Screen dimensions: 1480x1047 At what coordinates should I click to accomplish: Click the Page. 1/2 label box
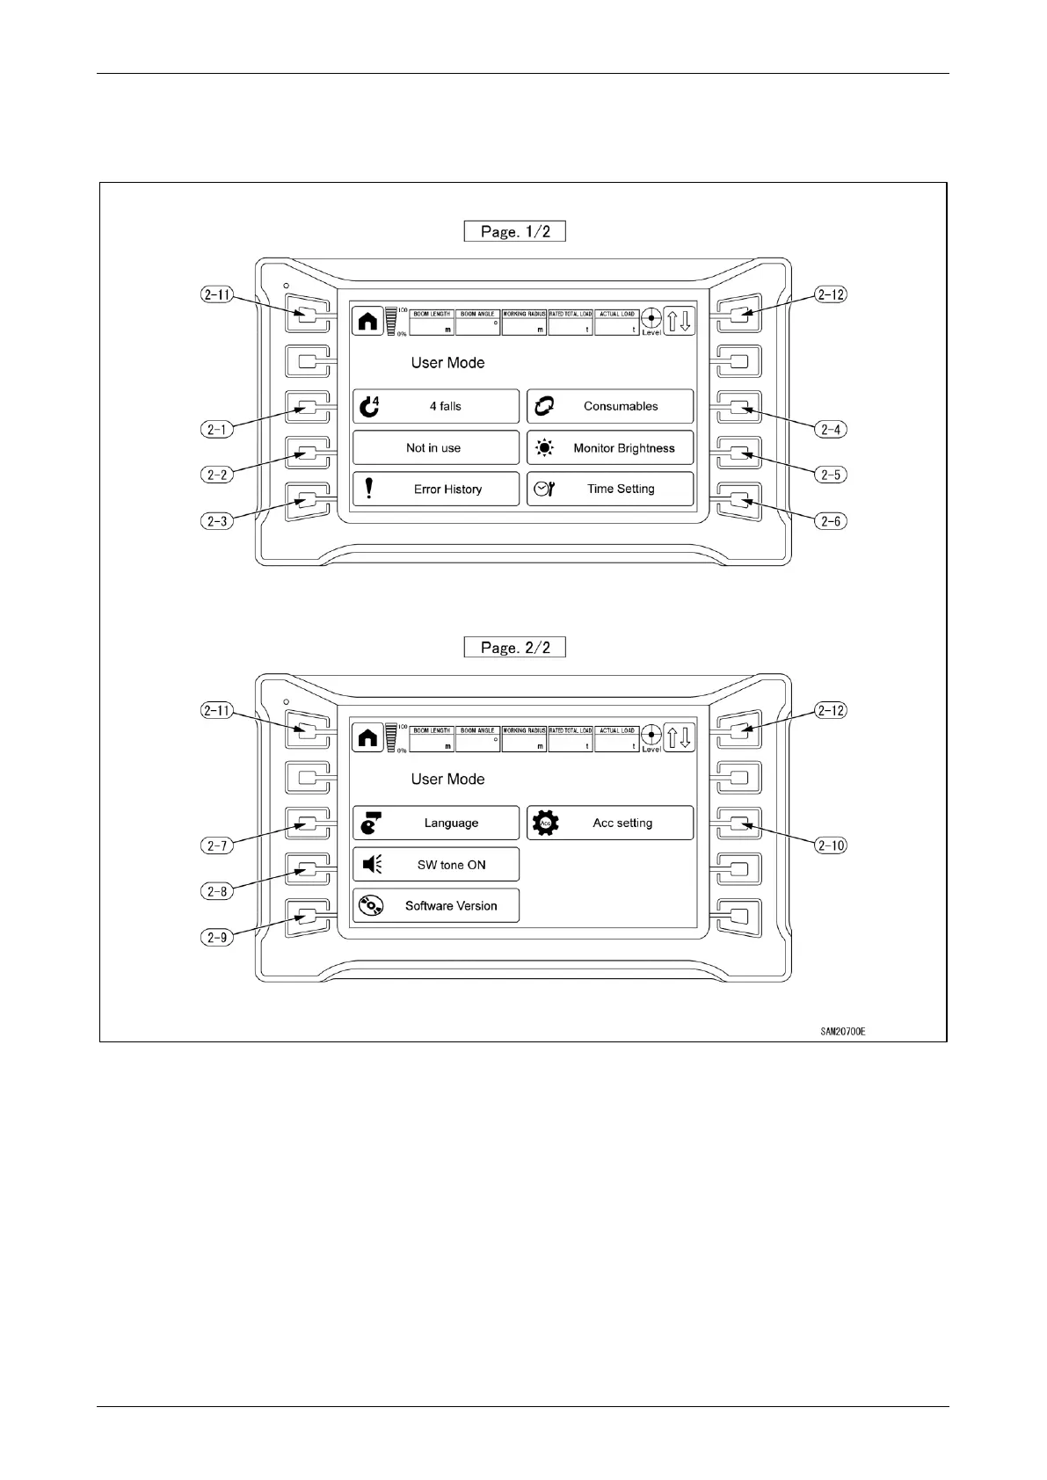point(514,231)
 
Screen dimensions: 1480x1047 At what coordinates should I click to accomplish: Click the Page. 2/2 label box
point(514,648)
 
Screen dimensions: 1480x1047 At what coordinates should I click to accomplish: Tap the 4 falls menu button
point(436,406)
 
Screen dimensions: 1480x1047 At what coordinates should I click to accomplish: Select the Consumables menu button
point(610,406)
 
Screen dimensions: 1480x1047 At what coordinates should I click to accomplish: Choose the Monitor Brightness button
point(610,448)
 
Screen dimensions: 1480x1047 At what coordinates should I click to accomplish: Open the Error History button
point(436,490)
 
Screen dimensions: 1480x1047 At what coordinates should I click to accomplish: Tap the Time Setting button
point(610,490)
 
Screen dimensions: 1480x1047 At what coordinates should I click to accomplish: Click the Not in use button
point(436,448)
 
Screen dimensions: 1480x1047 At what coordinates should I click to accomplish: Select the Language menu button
point(436,823)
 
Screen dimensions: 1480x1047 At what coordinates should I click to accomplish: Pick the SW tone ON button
point(436,865)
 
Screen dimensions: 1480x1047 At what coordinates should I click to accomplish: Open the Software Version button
point(436,906)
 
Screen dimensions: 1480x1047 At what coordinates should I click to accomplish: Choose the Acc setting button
point(610,823)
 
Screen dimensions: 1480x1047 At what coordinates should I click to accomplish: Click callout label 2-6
point(831,521)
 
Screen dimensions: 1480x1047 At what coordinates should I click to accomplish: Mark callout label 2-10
point(831,845)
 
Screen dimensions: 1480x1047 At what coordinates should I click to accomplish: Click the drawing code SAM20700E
point(837,1032)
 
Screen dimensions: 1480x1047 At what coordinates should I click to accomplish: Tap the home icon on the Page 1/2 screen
point(367,322)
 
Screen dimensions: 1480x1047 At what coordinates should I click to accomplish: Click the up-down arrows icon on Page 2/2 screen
point(679,737)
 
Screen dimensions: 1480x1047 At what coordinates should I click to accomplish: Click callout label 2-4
point(831,430)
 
